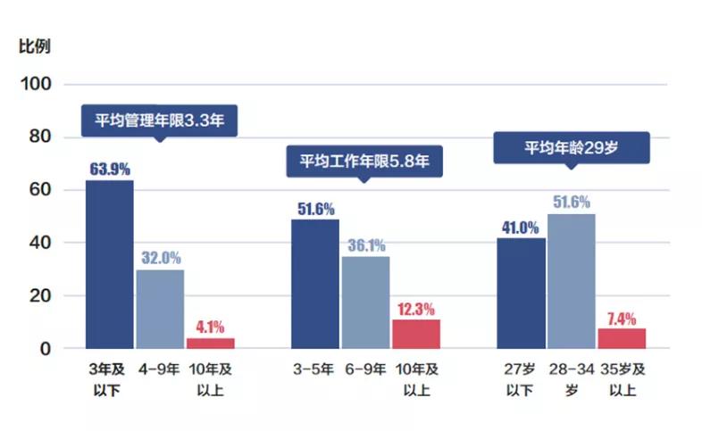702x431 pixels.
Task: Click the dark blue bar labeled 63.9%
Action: pos(109,264)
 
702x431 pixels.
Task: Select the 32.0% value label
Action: pos(160,258)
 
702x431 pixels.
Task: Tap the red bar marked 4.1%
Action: pos(210,343)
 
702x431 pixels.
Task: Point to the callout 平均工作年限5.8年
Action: pos(364,162)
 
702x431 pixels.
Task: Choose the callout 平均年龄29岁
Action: pos(572,148)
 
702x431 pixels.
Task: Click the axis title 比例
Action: pos(35,46)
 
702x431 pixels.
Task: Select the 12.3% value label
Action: pos(416,309)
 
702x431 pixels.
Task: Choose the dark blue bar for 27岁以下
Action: pos(521,293)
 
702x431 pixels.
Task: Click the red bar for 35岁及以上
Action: pos(622,338)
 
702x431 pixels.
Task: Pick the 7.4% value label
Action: pos(622,319)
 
